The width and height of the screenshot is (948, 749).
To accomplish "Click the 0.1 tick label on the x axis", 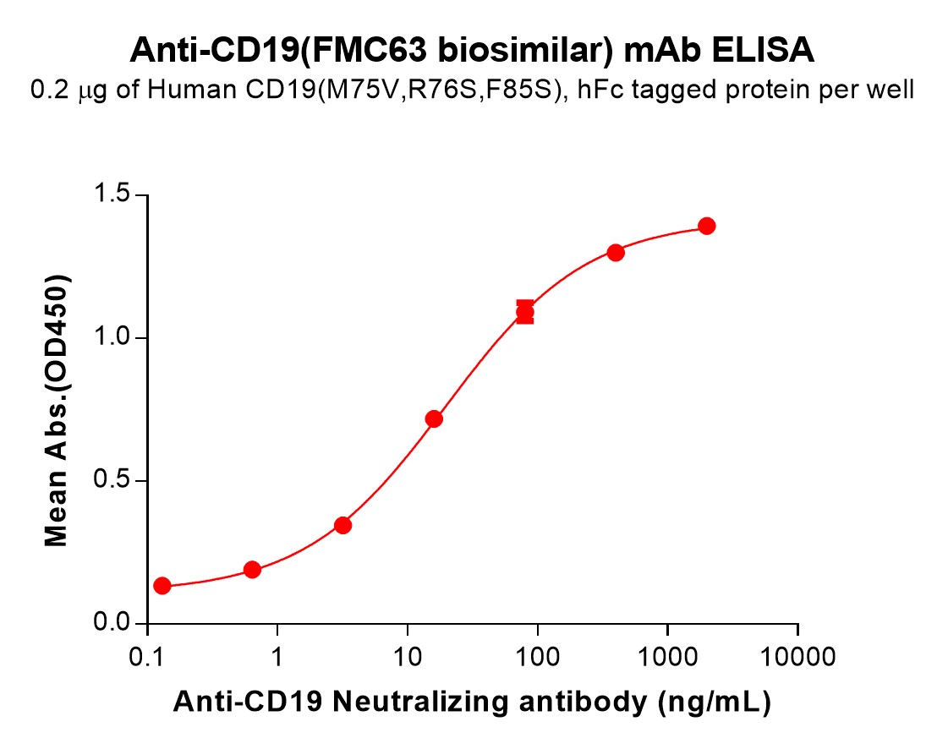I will [148, 658].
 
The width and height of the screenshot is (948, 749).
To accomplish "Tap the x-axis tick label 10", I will [408, 658].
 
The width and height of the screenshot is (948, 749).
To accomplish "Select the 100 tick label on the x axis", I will [537, 658].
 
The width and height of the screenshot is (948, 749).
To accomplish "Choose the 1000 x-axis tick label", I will [667, 658].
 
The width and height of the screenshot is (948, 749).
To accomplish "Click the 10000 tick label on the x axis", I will [797, 658].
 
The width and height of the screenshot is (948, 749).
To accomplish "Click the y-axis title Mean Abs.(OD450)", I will [57, 410].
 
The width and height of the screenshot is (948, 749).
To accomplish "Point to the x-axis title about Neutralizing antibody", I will [472, 702].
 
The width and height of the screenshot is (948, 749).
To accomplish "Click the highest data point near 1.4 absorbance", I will [707, 226].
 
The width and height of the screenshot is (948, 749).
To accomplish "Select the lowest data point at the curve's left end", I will [162, 586].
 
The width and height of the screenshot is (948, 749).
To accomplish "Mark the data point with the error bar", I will [525, 313].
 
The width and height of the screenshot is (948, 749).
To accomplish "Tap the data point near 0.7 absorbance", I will [434, 418].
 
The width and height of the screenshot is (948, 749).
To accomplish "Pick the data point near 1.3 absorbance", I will [616, 253].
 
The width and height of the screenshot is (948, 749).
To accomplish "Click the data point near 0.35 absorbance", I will [342, 525].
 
